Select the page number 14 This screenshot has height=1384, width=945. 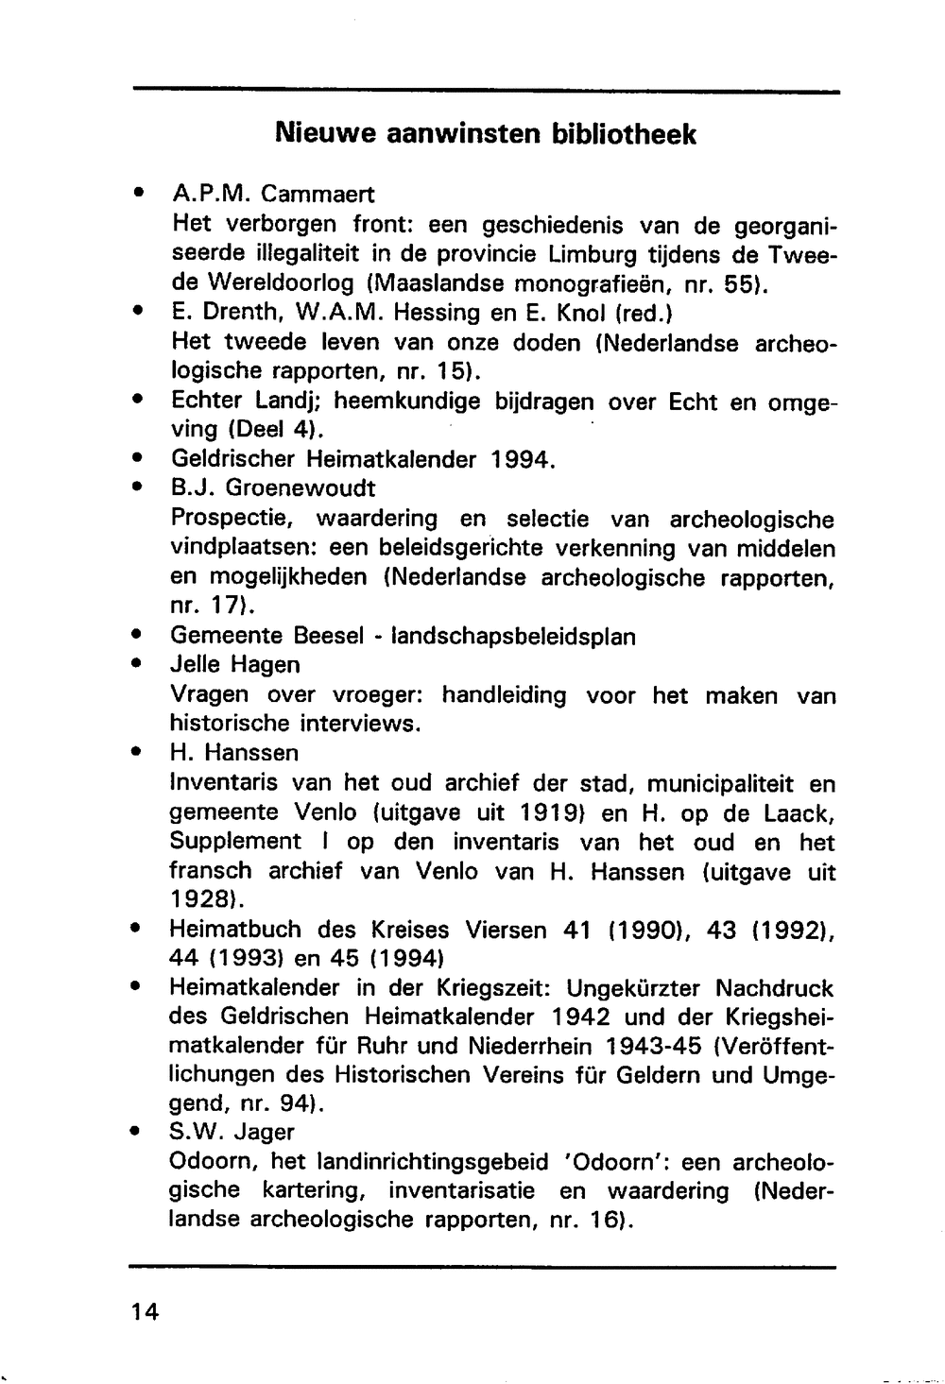tap(146, 1312)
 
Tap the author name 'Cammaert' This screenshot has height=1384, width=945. tap(318, 195)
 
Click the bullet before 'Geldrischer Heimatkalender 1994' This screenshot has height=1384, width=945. tap(138, 459)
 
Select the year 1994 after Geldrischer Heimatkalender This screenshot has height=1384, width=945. tap(519, 460)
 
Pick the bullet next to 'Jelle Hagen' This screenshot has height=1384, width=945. tap(138, 665)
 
